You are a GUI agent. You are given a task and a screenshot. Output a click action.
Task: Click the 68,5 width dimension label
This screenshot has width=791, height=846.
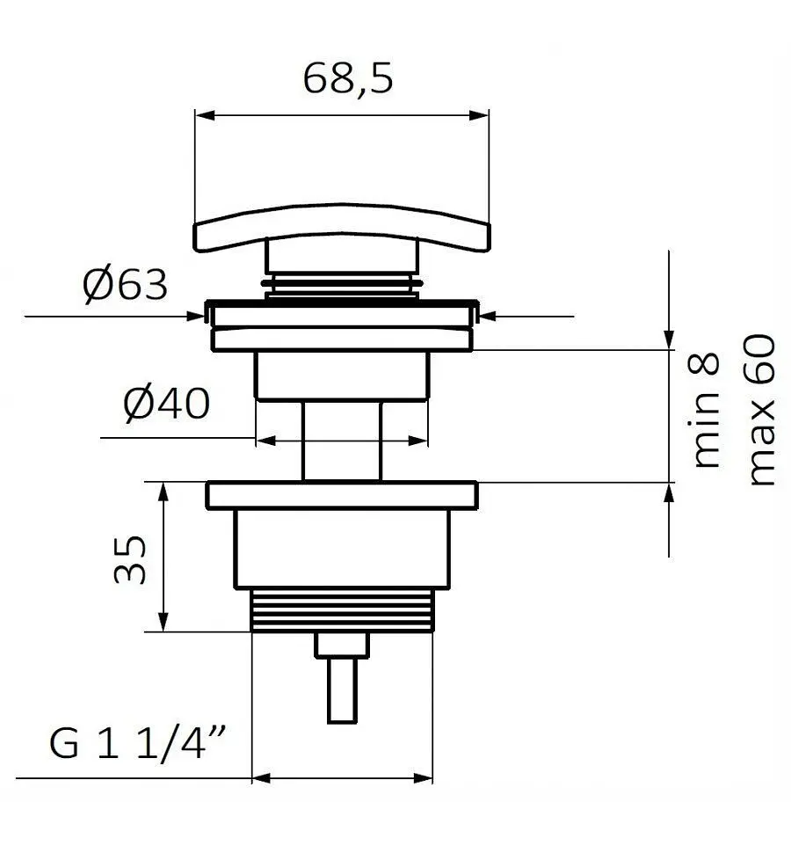[348, 79]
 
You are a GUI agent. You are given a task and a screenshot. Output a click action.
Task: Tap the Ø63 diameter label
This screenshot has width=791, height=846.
[125, 286]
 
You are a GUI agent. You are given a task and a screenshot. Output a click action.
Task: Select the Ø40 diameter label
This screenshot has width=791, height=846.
[167, 405]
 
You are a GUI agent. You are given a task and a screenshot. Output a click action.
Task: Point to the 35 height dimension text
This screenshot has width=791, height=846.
[130, 559]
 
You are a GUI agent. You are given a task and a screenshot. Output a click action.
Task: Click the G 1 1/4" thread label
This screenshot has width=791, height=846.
[137, 743]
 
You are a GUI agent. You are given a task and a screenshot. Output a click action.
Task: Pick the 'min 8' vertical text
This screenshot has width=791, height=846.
[704, 410]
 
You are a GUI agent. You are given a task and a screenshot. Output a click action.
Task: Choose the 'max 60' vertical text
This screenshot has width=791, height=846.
[761, 410]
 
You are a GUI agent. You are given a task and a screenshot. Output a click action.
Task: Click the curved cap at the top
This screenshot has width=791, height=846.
[342, 227]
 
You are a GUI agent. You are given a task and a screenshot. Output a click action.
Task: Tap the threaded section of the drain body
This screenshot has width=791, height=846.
[342, 610]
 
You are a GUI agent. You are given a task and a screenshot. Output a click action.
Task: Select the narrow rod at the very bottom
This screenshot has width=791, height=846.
[342, 690]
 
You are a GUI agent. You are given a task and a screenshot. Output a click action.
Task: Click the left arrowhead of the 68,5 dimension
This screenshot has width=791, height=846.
[205, 115]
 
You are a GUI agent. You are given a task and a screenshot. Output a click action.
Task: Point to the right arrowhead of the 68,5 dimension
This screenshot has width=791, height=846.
[479, 115]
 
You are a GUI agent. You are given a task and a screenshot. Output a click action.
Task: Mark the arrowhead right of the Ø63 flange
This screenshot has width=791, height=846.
[488, 317]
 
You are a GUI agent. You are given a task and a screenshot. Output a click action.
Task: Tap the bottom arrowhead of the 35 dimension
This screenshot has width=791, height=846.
[163, 622]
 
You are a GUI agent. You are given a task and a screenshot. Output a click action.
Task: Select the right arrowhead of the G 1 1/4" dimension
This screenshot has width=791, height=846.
[423, 778]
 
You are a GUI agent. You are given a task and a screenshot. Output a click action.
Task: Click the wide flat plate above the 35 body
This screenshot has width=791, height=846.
[342, 495]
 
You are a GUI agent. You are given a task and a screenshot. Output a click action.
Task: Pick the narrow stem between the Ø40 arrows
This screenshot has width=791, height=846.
[342, 441]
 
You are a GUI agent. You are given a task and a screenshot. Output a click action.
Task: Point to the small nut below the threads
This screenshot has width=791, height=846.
[342, 645]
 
